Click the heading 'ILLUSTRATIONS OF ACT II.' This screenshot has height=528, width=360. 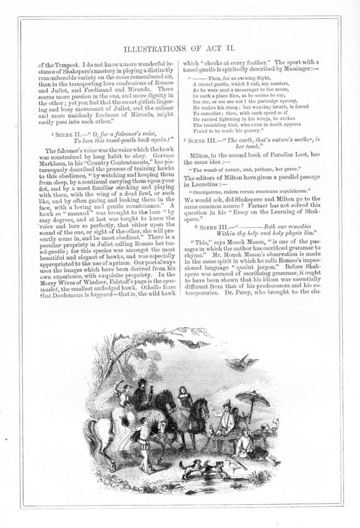(181, 49)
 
